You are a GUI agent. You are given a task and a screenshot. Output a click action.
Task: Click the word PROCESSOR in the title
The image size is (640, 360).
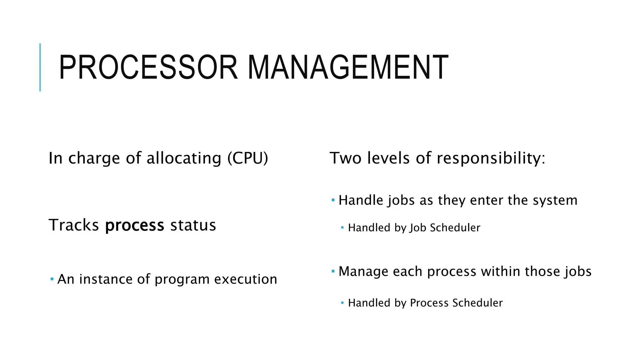coord(148,67)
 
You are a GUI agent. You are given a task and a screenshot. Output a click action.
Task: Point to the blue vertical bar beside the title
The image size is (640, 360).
coord(40,67)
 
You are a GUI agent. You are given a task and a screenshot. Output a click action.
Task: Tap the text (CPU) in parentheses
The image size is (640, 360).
coord(248,158)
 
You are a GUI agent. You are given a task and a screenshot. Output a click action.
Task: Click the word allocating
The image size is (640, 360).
coord(184,158)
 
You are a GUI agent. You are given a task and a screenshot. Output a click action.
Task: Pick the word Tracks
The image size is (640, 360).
coord(74,225)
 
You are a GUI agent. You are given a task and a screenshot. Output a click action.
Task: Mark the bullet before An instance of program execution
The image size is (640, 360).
coord(52,278)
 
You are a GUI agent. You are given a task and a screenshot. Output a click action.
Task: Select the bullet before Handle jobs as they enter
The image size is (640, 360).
coord(333,199)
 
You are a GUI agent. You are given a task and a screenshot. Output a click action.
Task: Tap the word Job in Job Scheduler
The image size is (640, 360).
coord(418,228)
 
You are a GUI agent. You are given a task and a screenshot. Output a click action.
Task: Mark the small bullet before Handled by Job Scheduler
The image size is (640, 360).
coord(342,227)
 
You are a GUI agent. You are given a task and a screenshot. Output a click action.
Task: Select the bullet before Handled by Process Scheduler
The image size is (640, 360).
coord(342,302)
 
